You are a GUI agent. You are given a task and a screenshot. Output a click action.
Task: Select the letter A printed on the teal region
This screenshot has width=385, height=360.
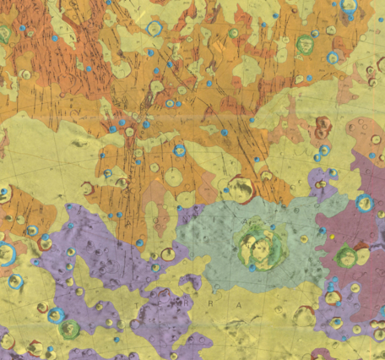tap(247, 221)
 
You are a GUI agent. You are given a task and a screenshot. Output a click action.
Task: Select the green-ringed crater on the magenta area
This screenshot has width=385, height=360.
tap(345, 256)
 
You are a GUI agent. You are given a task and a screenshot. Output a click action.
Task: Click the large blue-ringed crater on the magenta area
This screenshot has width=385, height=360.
tap(365, 203)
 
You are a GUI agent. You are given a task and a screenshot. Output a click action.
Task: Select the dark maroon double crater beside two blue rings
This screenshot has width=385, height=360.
tap(322, 129)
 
